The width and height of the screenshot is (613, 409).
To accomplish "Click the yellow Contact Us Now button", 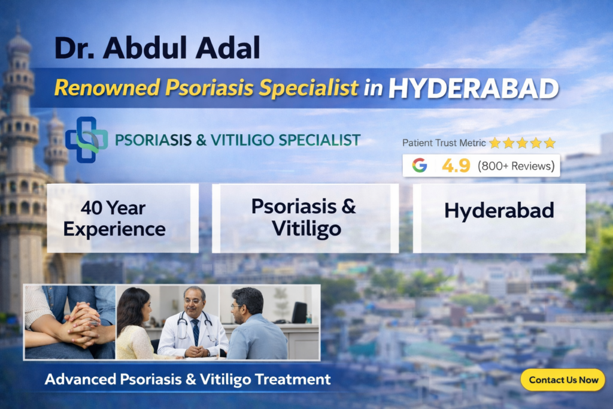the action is (563, 380).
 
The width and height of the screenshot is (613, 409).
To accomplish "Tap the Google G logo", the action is (420, 165).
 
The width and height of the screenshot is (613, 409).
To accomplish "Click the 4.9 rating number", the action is (456, 166).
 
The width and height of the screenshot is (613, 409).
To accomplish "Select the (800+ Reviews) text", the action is (516, 166).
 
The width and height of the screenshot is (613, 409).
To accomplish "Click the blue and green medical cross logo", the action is (86, 140).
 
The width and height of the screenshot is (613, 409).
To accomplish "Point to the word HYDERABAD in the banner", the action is (474, 89).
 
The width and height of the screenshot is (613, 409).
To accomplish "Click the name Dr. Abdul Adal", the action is (157, 48).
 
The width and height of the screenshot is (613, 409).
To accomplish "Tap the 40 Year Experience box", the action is (122, 218).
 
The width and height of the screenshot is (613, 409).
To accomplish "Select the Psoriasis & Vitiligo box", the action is (305, 218).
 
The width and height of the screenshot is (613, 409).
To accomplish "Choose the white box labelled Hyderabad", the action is (499, 218).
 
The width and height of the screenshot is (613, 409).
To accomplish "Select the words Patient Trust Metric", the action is (444, 143).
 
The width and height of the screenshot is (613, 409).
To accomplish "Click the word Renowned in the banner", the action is (107, 87).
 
